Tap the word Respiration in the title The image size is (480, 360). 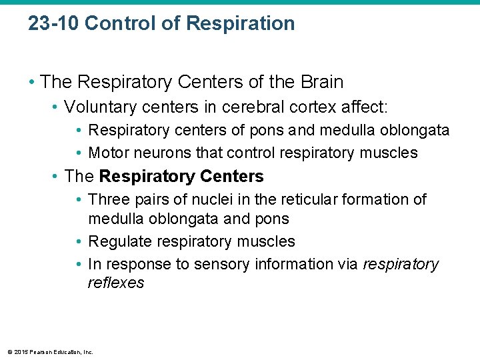pyautogui.click(x=240, y=24)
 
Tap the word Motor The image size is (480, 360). pyautogui.click(x=109, y=153)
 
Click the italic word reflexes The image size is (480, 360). pyautogui.click(x=115, y=283)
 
